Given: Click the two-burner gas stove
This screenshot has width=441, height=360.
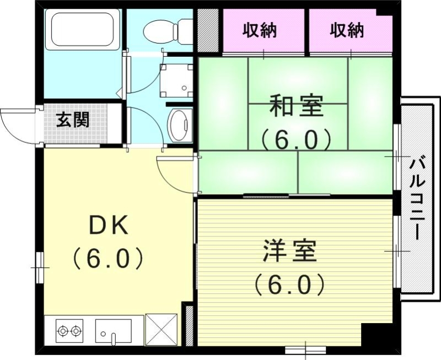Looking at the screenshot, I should pos(69,330).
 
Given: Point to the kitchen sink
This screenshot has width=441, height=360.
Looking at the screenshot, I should pos(113,331).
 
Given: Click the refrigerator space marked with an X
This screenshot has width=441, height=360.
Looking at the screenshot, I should pos(161,330).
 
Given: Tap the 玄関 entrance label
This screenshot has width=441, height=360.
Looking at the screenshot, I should pos(72,120).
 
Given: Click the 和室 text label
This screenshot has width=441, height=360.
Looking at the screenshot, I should pos(295,106).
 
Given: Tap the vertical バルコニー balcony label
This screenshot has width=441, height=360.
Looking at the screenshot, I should pos(416,198).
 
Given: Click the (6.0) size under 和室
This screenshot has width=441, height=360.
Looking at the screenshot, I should pos(295,139).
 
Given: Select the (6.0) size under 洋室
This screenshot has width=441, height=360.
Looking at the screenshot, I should pos(289,284).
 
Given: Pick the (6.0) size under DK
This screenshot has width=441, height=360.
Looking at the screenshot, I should pos(109,257).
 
